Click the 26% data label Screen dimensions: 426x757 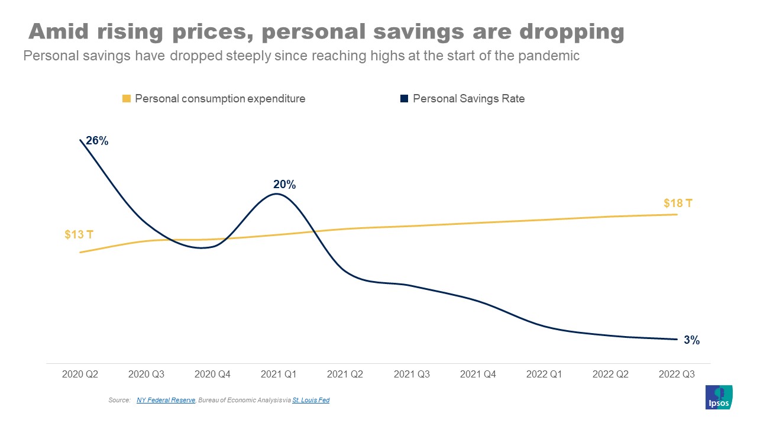point(97,141)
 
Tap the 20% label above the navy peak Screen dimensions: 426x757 point(284,185)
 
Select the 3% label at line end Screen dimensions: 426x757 point(692,340)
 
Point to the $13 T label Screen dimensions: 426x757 point(79,234)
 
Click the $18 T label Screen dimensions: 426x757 point(678,204)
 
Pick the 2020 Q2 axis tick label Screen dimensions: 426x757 point(80,375)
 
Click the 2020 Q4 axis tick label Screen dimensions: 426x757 point(212,375)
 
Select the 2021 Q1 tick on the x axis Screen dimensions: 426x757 point(279,375)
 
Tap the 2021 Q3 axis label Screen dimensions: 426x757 point(412,375)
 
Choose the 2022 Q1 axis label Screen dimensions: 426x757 point(544,375)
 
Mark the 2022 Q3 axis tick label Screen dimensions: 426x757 point(677,375)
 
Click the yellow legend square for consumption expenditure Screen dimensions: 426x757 point(126,99)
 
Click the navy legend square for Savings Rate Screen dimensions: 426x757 point(404,99)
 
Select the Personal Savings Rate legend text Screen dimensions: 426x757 point(468,99)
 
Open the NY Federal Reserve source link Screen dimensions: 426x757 point(166,401)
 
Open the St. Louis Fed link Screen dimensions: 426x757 point(310,401)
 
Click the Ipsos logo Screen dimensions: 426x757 point(719,398)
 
